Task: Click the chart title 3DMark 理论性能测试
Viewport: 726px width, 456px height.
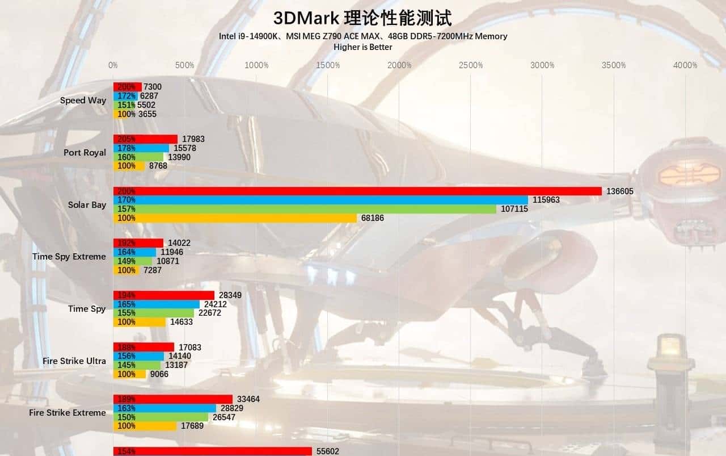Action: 362,18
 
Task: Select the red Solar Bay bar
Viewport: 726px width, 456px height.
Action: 357,191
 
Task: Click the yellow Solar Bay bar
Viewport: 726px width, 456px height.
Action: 235,218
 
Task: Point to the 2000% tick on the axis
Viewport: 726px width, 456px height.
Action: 399,65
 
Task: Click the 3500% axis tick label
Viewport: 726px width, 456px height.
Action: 614,65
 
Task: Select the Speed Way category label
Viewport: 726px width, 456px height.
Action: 83,101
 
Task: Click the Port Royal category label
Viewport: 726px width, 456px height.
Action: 85,153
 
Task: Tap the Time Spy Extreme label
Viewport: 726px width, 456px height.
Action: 69,257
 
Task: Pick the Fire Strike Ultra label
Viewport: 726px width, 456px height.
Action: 74,361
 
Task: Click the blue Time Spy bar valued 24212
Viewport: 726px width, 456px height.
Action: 157,304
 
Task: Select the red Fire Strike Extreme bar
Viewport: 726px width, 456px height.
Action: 173,399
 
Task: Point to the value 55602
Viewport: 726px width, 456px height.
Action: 330,451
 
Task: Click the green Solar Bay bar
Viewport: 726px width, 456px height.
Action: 305,209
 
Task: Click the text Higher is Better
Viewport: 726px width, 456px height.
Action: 362,47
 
